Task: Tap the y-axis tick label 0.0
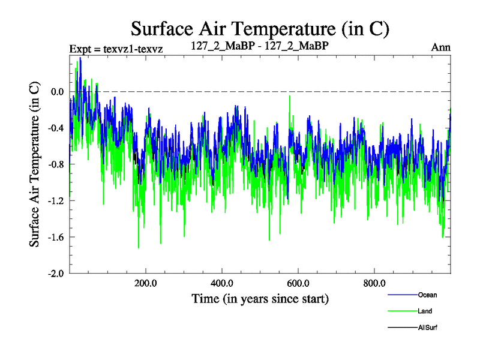click(x=58, y=92)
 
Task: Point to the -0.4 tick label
click(x=56, y=128)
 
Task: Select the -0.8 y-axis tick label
click(x=56, y=164)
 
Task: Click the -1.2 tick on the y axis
click(x=56, y=200)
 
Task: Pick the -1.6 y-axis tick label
click(x=56, y=237)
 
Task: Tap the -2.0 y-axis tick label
click(x=56, y=273)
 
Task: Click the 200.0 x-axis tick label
click(x=146, y=283)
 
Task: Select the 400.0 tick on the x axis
click(x=222, y=283)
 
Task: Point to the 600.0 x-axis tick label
click(x=298, y=283)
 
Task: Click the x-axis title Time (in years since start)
click(x=260, y=298)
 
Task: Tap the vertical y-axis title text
click(x=35, y=164)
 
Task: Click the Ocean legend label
click(x=427, y=295)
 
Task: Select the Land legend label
click(x=425, y=311)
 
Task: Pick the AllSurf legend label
click(x=428, y=328)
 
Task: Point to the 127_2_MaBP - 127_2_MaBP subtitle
click(x=259, y=46)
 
